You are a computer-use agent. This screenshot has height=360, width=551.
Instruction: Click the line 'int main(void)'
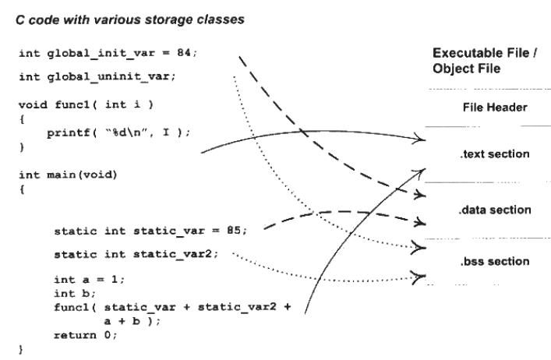pyautogui.click(x=67, y=174)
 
